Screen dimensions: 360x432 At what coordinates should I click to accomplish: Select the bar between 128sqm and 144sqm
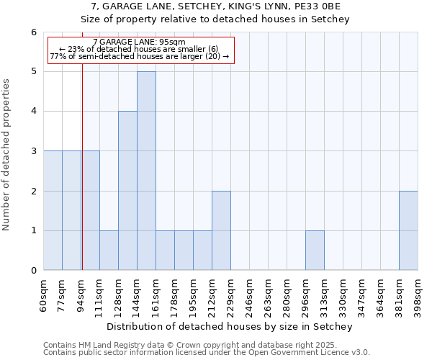tap(127, 191)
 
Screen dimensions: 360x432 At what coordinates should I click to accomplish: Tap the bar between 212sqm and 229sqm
tap(221, 230)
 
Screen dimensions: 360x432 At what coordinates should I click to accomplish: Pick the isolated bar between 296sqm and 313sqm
tap(315, 251)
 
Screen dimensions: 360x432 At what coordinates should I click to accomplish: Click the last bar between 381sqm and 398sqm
tap(408, 230)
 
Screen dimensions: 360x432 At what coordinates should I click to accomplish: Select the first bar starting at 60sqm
tap(53, 210)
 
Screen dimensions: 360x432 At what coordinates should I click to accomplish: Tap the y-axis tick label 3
tap(33, 151)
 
